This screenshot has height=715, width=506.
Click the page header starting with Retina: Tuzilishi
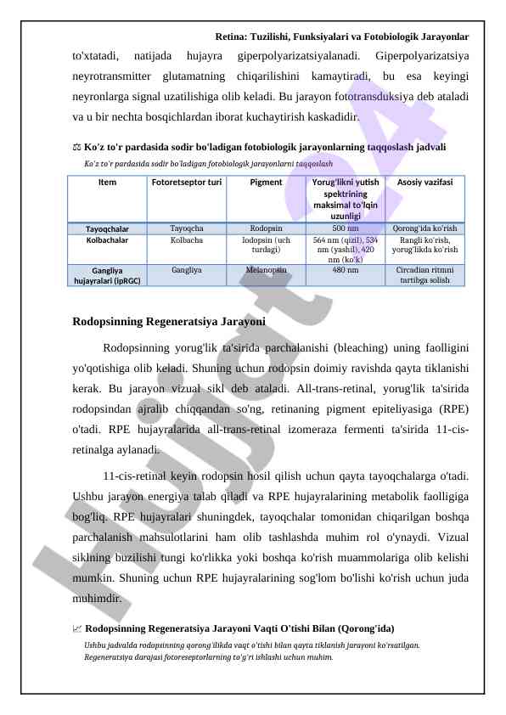pyautogui.click(x=341, y=37)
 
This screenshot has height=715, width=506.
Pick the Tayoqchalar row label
pyautogui.click(x=107, y=228)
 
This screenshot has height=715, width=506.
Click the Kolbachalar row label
pyautogui.click(x=107, y=240)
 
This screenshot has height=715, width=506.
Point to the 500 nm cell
pyautogui.click(x=345, y=228)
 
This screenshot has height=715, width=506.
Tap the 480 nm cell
pyautogui.click(x=345, y=269)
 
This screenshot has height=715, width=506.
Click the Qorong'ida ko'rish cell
pyautogui.click(x=424, y=228)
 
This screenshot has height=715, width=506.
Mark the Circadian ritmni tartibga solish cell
pyautogui.click(x=424, y=274)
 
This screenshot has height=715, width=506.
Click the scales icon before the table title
pyautogui.click(x=77, y=148)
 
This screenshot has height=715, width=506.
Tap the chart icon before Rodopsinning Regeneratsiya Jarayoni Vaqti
pyautogui.click(x=77, y=629)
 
